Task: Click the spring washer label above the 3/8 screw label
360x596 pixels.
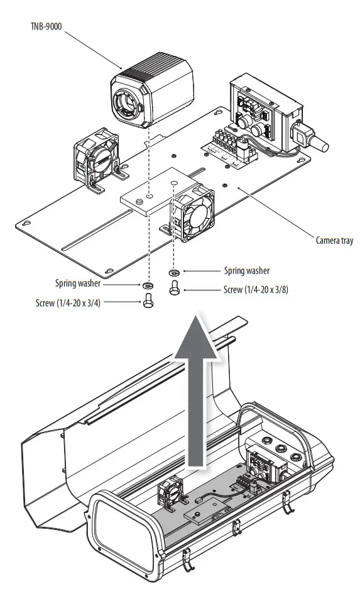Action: click(246, 271)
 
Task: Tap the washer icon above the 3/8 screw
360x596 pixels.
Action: click(173, 273)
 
